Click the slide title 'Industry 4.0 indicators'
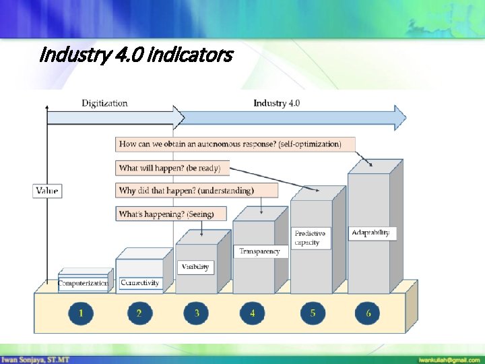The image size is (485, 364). click(x=137, y=54)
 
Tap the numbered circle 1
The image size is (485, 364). click(x=82, y=313)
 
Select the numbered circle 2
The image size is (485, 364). click(x=139, y=313)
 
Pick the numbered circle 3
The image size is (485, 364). click(x=197, y=313)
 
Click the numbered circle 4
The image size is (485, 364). click(x=253, y=313)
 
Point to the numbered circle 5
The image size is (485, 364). click(x=313, y=313)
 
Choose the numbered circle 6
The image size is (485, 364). click(x=368, y=313)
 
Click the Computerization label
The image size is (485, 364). click(x=84, y=283)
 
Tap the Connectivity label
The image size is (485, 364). click(x=139, y=283)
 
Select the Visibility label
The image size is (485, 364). click(x=195, y=266)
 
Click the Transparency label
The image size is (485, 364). click(x=259, y=251)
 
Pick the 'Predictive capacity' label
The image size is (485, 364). click(x=311, y=238)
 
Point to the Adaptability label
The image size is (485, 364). click(x=370, y=233)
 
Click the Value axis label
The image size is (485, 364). click(x=46, y=191)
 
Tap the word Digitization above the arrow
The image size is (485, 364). click(x=104, y=103)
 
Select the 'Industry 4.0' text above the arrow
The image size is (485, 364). click(x=277, y=103)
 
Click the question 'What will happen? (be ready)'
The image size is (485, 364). click(x=173, y=167)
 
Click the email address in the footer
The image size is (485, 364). click(x=447, y=359)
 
